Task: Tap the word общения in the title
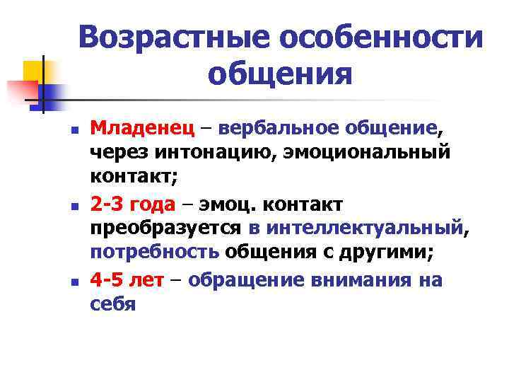coord(280,73)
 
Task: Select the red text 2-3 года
coord(133,204)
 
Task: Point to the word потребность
coord(154,253)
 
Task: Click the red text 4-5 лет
coord(127,279)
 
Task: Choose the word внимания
coord(359,279)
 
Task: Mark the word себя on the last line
coord(112,303)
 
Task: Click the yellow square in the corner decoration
coord(33,71)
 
